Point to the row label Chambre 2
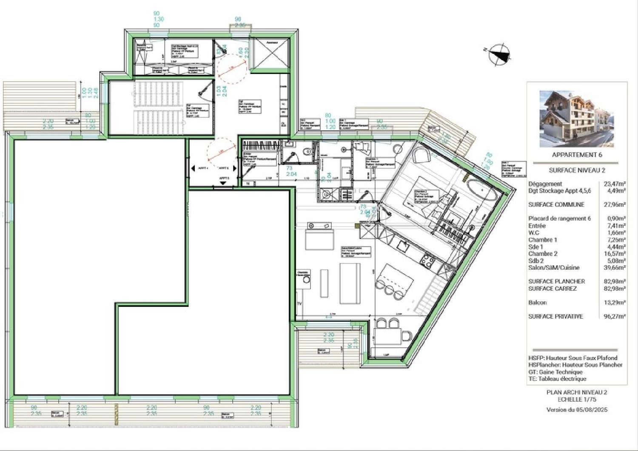(543, 254)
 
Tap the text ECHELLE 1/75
(577, 400)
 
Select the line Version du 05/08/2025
(577, 410)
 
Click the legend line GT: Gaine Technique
(555, 372)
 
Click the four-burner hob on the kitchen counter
(427, 260)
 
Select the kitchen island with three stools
(396, 277)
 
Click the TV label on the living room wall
(299, 304)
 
